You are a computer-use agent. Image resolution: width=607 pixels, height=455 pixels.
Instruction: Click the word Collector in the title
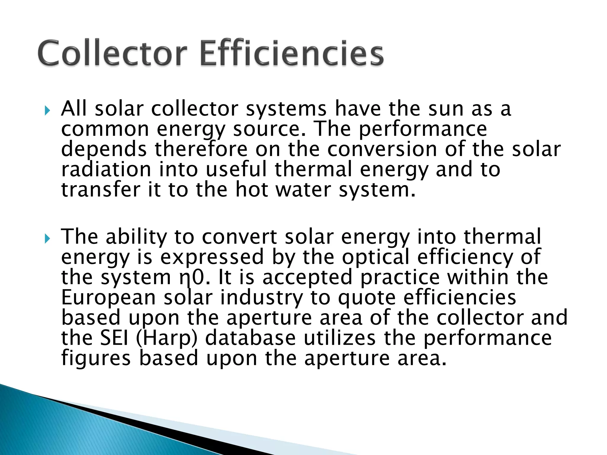(x=113, y=53)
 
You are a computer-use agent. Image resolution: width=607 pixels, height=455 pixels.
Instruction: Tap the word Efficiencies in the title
(x=292, y=53)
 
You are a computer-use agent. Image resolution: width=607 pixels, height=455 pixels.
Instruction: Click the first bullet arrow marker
(x=47, y=111)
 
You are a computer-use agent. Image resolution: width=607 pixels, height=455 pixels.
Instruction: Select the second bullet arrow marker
(x=47, y=238)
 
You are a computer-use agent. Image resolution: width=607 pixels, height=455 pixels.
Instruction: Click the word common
(x=105, y=129)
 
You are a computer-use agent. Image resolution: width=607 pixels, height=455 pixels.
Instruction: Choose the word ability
(x=136, y=237)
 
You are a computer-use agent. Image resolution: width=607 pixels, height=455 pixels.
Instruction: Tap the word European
(x=108, y=298)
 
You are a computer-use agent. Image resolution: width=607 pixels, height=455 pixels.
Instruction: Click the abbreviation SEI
(x=114, y=338)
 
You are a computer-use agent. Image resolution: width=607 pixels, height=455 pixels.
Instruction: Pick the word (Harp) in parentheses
(x=167, y=338)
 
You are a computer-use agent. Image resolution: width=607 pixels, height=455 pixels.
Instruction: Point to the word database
(x=250, y=338)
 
